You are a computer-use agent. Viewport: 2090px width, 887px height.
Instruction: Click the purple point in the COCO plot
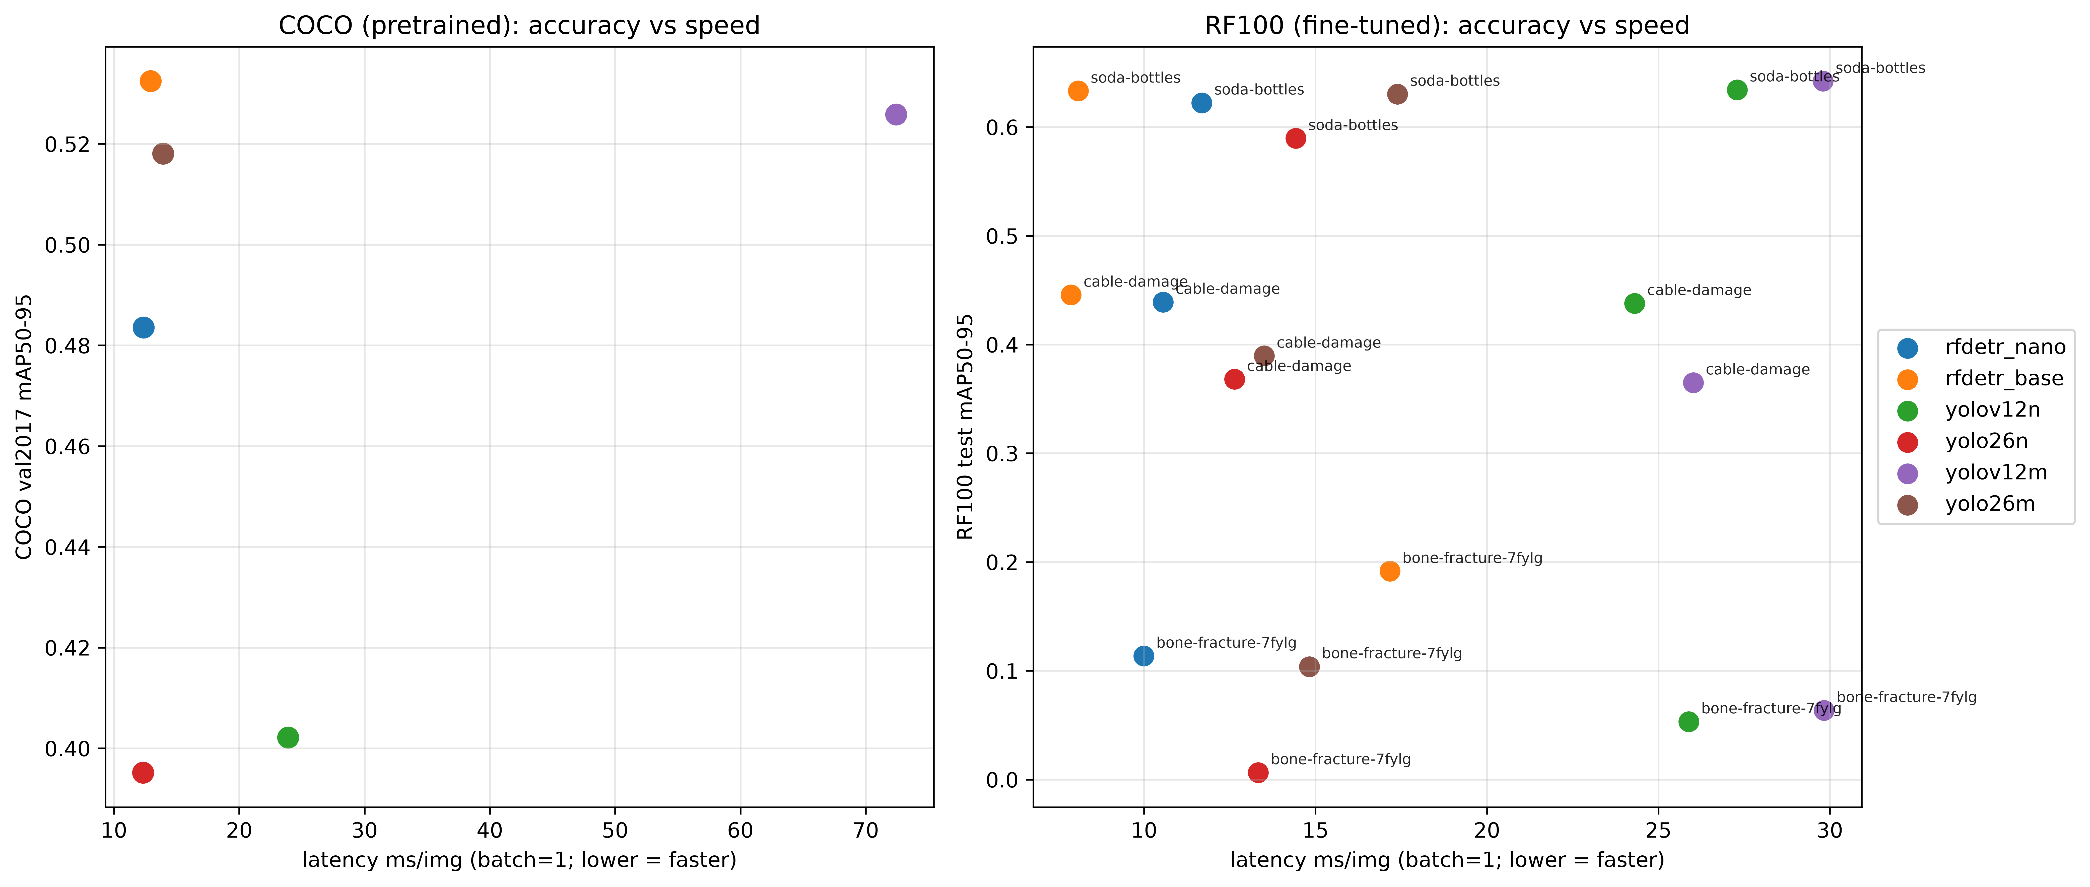point(896,114)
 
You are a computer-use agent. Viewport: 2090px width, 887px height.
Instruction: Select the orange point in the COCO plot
point(150,81)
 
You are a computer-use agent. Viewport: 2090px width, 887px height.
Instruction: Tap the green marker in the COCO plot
point(288,737)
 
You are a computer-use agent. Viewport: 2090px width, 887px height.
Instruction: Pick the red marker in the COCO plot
point(143,773)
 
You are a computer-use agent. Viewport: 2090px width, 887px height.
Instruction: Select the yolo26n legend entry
point(1964,441)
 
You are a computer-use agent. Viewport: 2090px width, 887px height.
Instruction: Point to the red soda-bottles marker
point(1296,138)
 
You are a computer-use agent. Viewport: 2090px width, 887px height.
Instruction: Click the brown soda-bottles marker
point(1397,94)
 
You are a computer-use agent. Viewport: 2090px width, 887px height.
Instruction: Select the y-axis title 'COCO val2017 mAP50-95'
point(24,427)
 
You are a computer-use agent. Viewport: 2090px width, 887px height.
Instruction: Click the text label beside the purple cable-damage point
point(1757,369)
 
